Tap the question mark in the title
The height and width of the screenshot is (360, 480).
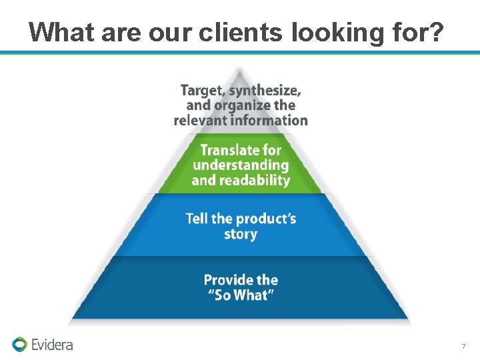point(433,32)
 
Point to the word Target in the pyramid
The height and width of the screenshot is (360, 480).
point(203,90)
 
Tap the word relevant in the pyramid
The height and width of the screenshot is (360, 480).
point(200,121)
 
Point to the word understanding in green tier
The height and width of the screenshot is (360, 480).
point(241,165)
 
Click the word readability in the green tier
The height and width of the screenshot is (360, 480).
point(257,180)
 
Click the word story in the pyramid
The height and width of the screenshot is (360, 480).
point(241,234)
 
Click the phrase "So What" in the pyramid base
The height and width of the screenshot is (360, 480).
point(241,295)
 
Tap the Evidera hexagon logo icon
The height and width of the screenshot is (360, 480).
point(19,344)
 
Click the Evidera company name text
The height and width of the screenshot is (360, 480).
point(52,345)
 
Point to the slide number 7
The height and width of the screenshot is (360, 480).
point(463,346)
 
